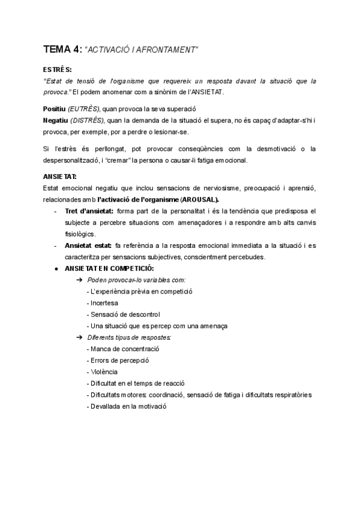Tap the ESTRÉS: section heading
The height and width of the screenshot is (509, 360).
pyautogui.click(x=58, y=70)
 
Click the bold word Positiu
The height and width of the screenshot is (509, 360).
pyautogui.click(x=55, y=109)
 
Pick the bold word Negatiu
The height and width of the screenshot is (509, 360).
pyautogui.click(x=56, y=120)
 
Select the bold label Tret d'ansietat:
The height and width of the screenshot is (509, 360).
pyautogui.click(x=90, y=211)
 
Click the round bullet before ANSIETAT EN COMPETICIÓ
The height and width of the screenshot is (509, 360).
pyautogui.click(x=56, y=268)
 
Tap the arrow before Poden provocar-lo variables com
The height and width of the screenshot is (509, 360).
pyautogui.click(x=79, y=280)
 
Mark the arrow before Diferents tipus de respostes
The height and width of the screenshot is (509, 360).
pyautogui.click(x=79, y=337)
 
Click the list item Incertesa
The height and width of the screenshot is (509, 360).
pyautogui.click(x=104, y=303)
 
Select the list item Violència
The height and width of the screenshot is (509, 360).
pyautogui.click(x=104, y=372)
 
